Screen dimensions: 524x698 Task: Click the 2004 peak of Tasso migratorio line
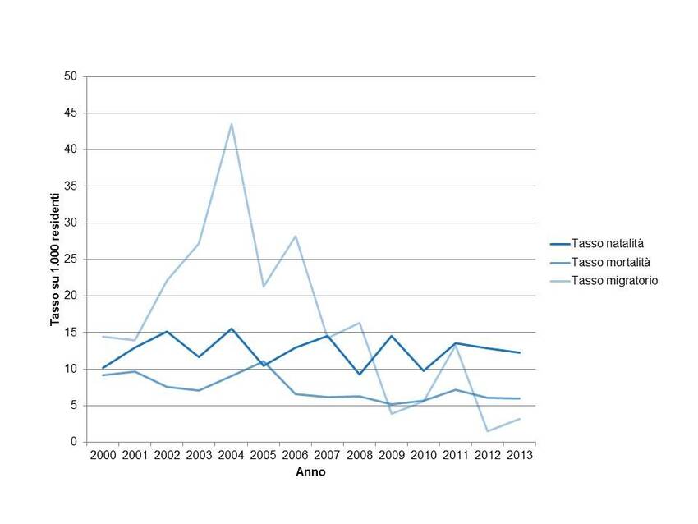232,124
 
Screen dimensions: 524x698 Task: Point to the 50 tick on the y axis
71,76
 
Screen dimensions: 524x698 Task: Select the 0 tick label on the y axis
74,442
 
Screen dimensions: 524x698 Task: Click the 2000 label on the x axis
103,455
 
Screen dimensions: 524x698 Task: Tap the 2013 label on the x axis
520,455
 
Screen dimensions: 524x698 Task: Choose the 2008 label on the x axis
360,455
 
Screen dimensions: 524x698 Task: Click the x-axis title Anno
310,472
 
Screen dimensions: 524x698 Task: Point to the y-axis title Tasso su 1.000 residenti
56,260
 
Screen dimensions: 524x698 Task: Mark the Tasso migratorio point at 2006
296,236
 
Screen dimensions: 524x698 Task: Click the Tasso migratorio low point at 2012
488,431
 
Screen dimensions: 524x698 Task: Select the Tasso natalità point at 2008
360,375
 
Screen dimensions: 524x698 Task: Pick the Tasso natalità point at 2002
168,332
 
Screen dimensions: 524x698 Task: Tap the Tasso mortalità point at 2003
200,390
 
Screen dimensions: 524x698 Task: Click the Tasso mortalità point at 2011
456,389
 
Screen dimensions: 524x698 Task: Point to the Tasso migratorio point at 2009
392,413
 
